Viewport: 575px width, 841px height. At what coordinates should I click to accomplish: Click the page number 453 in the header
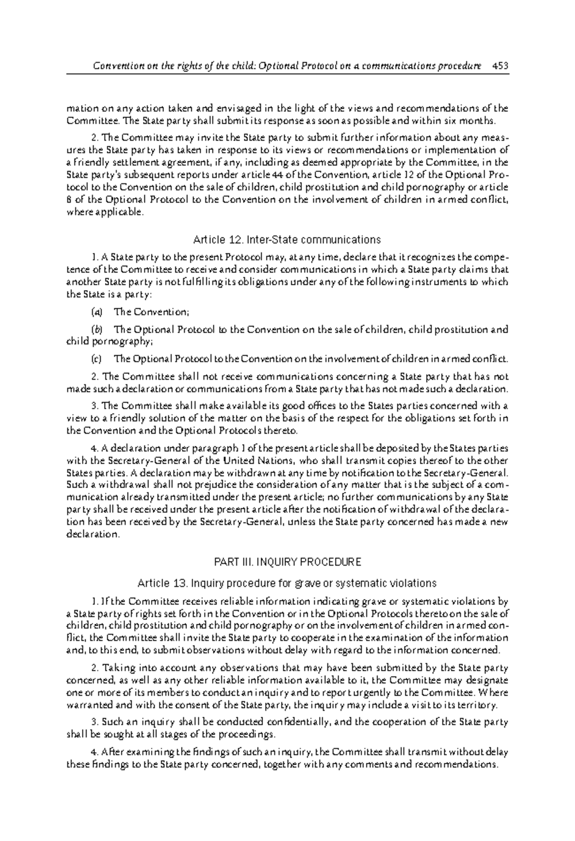click(x=500, y=66)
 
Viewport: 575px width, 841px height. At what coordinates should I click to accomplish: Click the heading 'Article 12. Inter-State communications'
click(x=287, y=239)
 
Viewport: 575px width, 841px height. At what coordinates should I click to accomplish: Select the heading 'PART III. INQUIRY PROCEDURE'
click(x=287, y=561)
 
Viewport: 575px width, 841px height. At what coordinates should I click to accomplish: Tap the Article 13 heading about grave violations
click(x=287, y=583)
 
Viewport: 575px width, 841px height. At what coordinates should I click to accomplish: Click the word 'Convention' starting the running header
click(x=115, y=66)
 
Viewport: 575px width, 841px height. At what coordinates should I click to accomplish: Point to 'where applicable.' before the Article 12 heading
click(x=104, y=212)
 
